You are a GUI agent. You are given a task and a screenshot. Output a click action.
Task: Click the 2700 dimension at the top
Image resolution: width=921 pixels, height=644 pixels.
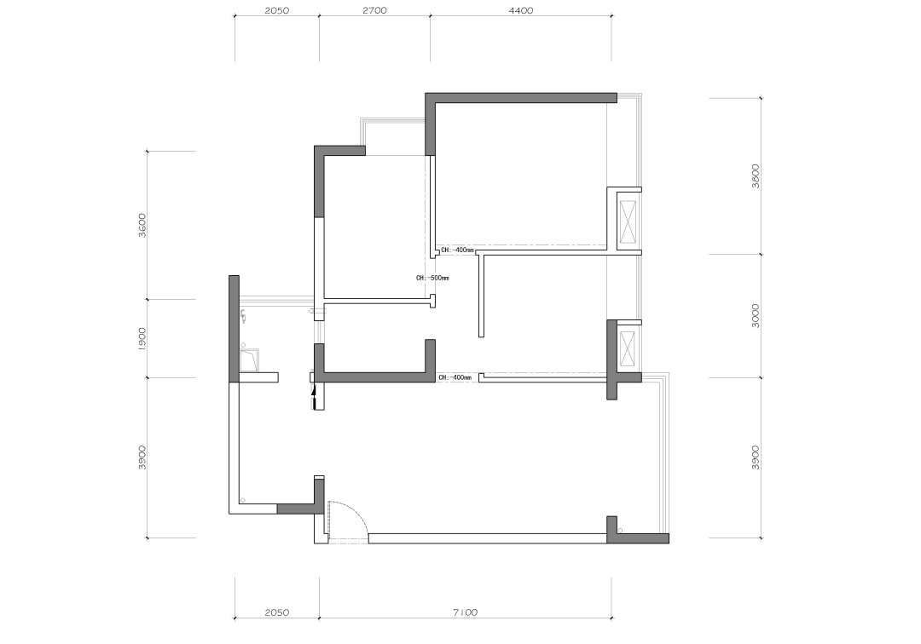[x=374, y=10]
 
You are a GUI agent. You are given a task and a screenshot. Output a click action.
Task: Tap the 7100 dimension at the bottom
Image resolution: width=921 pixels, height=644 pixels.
[x=465, y=612]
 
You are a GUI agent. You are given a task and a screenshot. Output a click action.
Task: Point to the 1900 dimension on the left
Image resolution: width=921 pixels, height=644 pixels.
[x=142, y=339]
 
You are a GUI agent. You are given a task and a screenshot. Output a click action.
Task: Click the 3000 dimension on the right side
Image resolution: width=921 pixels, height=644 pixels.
[x=756, y=315]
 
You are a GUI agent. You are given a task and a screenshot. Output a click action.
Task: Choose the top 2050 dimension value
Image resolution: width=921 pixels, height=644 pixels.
[x=276, y=10]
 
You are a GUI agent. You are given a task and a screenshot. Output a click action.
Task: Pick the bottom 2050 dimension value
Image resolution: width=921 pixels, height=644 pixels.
[x=276, y=612]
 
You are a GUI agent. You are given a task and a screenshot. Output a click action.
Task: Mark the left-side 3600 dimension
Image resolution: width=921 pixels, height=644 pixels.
[x=142, y=225]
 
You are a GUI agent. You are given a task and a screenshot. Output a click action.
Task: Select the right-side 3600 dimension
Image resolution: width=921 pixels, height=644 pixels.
[x=756, y=176]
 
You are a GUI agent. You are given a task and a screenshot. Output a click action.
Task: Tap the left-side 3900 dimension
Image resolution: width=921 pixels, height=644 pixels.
[x=142, y=457]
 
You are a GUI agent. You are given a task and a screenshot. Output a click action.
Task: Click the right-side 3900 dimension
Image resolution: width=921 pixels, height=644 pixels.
[x=756, y=457]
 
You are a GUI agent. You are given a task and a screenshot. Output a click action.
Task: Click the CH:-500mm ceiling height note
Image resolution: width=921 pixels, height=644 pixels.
[x=432, y=278]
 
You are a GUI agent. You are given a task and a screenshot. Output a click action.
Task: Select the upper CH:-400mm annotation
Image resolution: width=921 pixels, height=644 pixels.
[x=457, y=250]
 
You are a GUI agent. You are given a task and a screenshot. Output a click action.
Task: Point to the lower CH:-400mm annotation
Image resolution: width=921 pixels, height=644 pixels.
[x=455, y=377]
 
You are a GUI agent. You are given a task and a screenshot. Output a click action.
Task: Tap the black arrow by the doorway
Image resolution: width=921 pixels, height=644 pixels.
[x=314, y=396]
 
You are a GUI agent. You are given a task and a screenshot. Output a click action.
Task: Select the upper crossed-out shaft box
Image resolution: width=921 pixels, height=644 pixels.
[x=628, y=221]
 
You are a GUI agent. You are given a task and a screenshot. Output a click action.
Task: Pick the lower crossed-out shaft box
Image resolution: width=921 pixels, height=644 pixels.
[x=628, y=348]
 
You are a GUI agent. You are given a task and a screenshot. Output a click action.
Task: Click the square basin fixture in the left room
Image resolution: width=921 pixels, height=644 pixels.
[x=250, y=360]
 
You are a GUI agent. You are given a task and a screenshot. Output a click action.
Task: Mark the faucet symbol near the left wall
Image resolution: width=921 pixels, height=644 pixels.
[x=243, y=317]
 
